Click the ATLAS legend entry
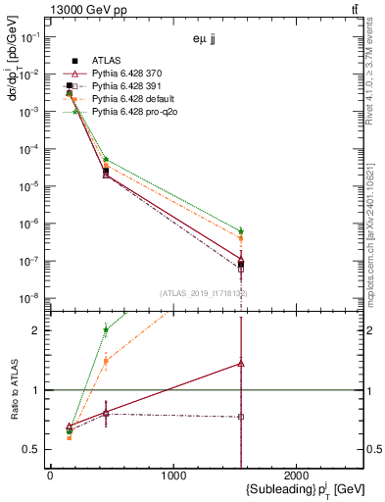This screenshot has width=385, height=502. (106, 61)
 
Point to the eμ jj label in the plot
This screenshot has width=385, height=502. (205, 42)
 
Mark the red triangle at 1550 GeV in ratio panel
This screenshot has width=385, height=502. (241, 363)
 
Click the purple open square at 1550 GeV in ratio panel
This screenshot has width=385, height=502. (241, 417)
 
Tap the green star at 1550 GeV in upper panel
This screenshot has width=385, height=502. (241, 230)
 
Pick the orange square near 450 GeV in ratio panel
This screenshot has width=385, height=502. (106, 361)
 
